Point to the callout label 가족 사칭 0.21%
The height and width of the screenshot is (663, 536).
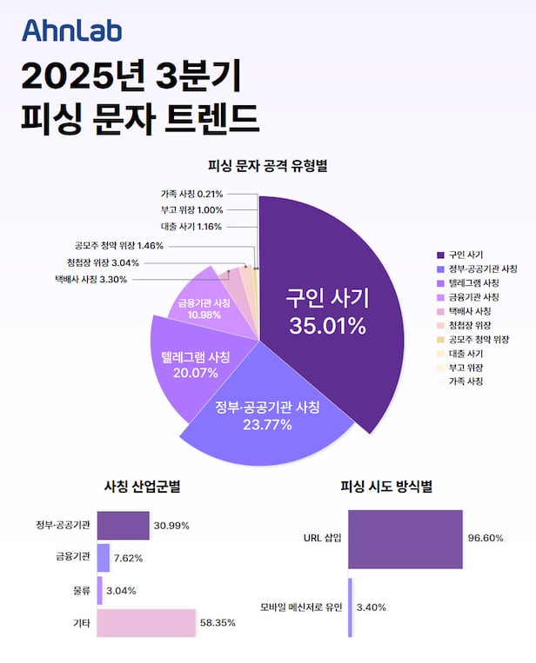click(191, 193)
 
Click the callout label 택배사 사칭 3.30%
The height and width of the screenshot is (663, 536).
click(90, 279)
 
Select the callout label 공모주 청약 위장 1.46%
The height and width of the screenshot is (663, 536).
click(119, 246)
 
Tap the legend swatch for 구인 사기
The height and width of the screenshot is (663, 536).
click(440, 255)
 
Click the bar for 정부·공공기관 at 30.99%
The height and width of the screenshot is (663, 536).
click(123, 526)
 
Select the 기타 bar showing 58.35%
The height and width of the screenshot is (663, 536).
click(146, 623)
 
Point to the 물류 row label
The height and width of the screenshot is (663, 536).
click(79, 591)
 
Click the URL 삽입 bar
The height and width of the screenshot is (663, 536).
click(405, 539)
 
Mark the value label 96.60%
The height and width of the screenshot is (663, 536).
click(486, 539)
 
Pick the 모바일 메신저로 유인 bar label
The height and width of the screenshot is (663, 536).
click(300, 607)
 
